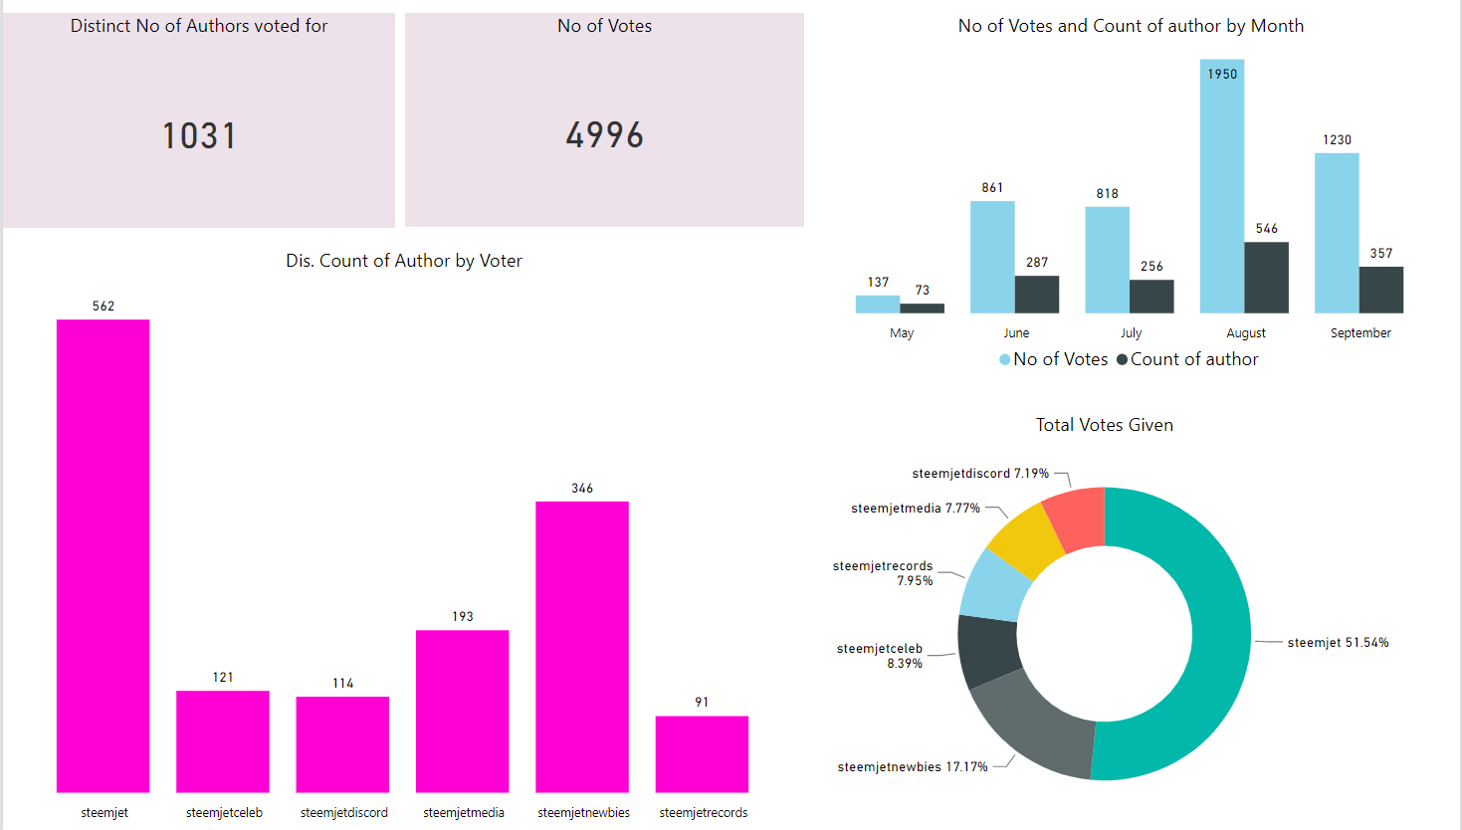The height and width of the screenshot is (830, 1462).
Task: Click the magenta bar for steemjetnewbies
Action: click(582, 647)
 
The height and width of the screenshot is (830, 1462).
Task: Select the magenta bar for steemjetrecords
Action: click(702, 754)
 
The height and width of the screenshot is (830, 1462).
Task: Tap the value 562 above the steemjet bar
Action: click(104, 307)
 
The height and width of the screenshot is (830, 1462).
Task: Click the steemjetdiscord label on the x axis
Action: click(344, 813)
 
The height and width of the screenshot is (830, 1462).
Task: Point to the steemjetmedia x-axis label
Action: click(464, 813)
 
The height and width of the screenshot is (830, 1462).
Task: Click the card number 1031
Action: click(200, 136)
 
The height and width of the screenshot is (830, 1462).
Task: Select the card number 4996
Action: click(605, 135)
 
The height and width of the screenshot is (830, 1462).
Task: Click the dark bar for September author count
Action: click(1381, 290)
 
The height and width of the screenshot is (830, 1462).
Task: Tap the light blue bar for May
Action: click(878, 305)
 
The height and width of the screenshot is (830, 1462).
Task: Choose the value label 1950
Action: click(1222, 75)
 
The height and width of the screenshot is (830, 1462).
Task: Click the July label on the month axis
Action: click(1132, 333)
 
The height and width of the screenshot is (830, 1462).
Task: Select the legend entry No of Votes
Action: click(1054, 359)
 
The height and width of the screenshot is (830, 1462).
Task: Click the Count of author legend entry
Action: click(1188, 359)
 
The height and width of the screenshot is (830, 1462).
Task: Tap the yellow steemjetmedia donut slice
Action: click(1026, 540)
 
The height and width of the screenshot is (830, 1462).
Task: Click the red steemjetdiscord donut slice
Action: click(1077, 519)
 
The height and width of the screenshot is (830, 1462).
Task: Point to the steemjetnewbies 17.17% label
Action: click(913, 767)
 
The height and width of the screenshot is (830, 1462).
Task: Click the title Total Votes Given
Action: click(1105, 425)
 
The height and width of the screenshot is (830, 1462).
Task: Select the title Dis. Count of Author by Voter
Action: click(404, 261)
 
